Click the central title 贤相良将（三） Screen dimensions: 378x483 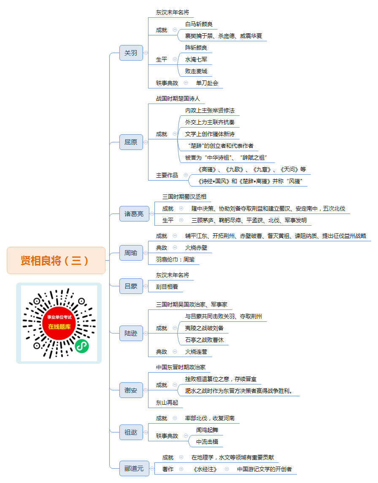[56, 261]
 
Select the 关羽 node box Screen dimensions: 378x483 [131, 53]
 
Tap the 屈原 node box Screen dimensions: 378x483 [131, 142]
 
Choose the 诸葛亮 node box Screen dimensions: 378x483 [134, 214]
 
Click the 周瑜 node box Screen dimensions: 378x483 [131, 253]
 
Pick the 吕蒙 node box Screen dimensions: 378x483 [131, 286]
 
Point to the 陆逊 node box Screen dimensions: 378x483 [131, 333]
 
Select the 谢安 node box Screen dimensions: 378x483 [131, 390]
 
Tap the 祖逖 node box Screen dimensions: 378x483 [131, 432]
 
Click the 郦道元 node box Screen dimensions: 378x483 [134, 469]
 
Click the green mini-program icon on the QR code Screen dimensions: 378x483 [82, 346]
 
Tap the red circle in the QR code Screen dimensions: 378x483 [59, 323]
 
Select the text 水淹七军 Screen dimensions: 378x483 [196, 59]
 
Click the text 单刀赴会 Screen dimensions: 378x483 [207, 83]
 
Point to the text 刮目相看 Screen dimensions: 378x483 [167, 287]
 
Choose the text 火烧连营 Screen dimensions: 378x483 [196, 352]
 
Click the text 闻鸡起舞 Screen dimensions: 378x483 [207, 430]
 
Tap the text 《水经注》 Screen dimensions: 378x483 [205, 469]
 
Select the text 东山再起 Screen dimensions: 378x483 [167, 403]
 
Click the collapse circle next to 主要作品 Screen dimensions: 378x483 [186, 175]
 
